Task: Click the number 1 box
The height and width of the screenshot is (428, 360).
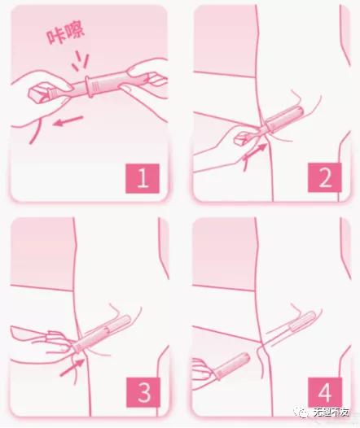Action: (x=143, y=177)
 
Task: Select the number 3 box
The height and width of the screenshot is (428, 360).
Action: (x=143, y=393)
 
